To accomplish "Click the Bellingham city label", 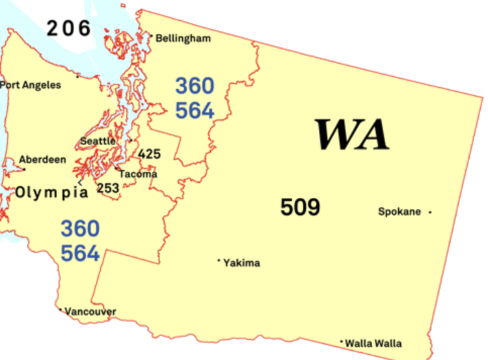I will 183,38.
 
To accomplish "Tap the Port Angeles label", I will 31,85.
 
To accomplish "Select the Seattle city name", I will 98,141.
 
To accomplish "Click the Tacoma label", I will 138,174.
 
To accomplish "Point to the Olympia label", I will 51,193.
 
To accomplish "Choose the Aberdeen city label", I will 42,159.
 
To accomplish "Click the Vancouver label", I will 90,312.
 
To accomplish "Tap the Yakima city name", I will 241,263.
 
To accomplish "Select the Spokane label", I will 400,212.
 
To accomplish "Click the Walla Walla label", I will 373,343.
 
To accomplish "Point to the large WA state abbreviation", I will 352,134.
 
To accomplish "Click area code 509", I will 301,208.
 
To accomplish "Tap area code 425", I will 149,154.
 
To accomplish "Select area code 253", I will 108,188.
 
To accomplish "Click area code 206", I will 68,28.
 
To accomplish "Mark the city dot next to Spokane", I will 430,212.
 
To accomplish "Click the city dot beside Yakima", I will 219,260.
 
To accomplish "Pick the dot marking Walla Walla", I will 341,341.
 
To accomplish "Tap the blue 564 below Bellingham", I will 195,110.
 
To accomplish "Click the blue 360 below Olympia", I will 81,229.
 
